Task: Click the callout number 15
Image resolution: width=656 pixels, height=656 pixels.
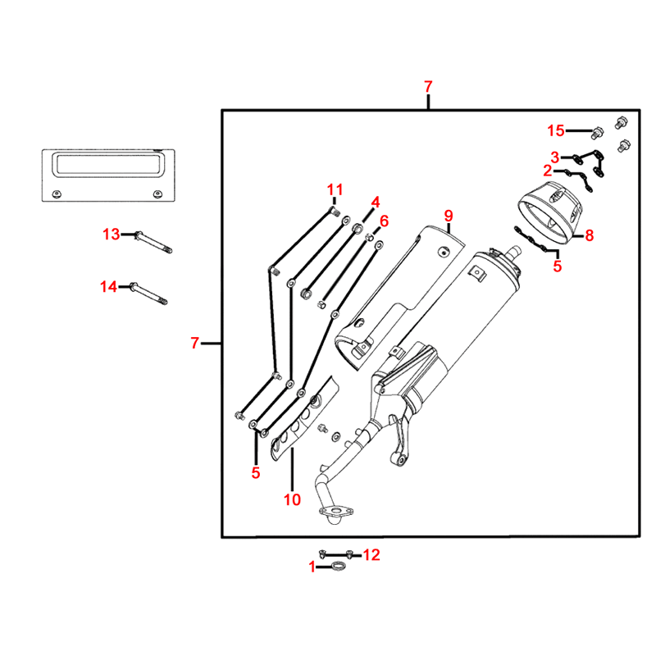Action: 556,131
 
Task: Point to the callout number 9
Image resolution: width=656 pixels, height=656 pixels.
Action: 449,216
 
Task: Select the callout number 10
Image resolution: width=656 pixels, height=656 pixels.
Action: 292,499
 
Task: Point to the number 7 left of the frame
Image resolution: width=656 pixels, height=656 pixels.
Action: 194,343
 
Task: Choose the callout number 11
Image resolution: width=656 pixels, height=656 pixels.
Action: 334,191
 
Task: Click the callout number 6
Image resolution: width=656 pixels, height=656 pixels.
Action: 383,221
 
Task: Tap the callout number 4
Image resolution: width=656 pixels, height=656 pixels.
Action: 375,202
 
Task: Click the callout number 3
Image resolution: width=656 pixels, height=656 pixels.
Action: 555,157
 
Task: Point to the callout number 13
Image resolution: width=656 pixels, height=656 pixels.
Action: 111,235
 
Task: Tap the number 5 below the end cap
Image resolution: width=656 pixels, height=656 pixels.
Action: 558,266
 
